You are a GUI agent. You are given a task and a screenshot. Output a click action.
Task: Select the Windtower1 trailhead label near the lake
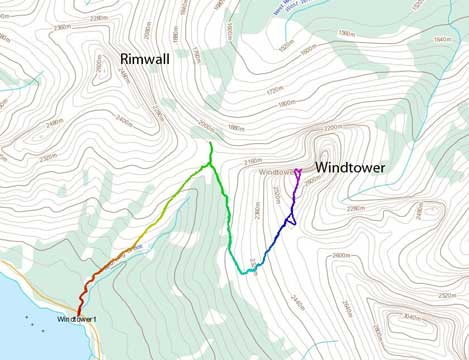tap(78, 320)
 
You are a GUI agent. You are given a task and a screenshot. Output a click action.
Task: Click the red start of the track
tap(80, 311)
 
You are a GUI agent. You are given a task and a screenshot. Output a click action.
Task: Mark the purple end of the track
tap(298, 171)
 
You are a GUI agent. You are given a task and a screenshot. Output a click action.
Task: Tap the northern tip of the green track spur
tap(211, 145)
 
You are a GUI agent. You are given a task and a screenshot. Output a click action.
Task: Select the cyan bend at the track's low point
tap(242, 271)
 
